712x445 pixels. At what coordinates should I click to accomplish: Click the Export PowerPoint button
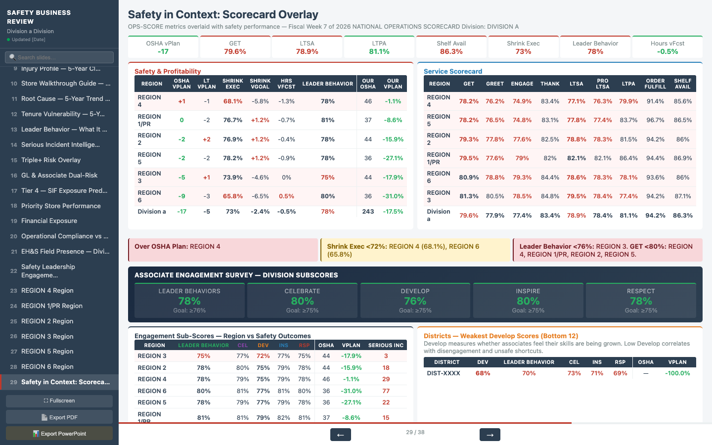click(x=59, y=434)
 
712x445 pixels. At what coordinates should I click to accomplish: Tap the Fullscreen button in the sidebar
click(x=59, y=401)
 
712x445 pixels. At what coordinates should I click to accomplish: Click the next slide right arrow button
click(x=489, y=435)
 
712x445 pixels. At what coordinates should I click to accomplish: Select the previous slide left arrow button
click(x=340, y=435)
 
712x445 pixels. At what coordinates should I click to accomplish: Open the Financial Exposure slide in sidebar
click(x=49, y=221)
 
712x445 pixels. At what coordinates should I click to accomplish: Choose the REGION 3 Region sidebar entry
click(x=47, y=337)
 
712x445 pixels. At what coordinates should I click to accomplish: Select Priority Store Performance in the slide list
click(x=61, y=206)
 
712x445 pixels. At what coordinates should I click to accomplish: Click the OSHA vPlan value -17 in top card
click(x=163, y=51)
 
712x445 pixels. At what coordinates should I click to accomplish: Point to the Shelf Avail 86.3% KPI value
click(x=451, y=51)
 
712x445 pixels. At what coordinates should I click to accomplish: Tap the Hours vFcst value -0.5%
click(x=667, y=51)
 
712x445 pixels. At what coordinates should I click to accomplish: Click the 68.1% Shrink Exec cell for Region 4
click(x=233, y=101)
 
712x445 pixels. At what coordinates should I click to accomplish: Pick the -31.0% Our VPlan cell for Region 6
click(x=393, y=196)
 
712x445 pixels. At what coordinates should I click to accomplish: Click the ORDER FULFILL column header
click(x=655, y=84)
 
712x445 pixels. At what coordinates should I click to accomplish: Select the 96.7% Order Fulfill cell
click(x=655, y=120)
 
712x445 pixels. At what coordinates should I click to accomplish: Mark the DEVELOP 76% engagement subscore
click(x=415, y=301)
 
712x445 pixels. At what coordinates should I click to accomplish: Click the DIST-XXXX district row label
click(x=444, y=373)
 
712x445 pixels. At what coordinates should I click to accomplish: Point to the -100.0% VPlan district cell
click(x=677, y=373)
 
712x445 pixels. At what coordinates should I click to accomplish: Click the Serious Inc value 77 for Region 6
click(x=386, y=391)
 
